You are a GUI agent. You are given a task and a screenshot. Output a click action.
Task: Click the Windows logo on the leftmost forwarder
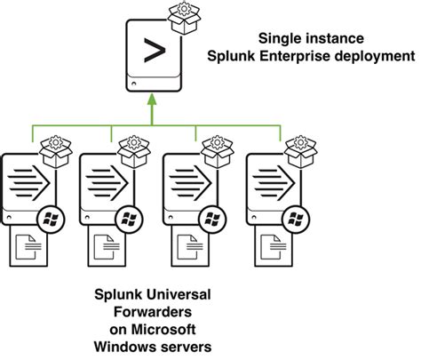click(51, 217)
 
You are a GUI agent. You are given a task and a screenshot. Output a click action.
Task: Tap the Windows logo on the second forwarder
click(130, 217)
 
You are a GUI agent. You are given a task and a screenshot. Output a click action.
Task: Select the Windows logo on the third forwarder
click(210, 217)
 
